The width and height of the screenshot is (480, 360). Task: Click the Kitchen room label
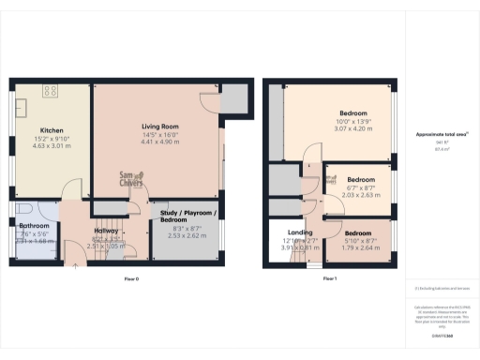coord(51,130)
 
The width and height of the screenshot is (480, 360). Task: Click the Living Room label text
coord(160,126)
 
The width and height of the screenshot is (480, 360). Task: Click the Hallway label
coord(105,232)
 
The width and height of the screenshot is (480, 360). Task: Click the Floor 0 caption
coord(131,279)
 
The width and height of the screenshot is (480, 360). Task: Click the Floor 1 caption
coord(329,279)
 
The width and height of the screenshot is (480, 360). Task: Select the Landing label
coord(300,232)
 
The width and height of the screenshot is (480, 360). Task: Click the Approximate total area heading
coord(442,135)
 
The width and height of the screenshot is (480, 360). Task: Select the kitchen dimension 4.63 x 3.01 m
coord(51,145)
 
